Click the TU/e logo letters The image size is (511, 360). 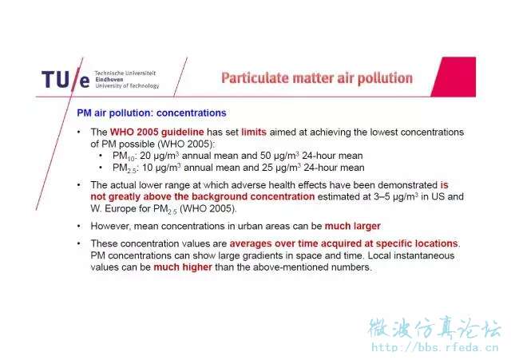click(65, 80)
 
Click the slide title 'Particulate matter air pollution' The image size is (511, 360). click(317, 78)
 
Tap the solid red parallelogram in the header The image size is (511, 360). click(454, 77)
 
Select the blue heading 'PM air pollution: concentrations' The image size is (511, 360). click(152, 113)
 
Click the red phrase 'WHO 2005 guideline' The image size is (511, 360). click(156, 132)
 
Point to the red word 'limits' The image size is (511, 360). click(254, 132)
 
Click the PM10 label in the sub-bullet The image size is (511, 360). click(124, 156)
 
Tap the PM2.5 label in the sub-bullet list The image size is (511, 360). click(125, 168)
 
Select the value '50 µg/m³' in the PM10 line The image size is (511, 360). click(279, 156)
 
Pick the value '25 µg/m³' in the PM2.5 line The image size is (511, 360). click(281, 168)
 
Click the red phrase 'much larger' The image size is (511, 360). click(353, 226)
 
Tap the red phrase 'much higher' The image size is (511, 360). click(183, 267)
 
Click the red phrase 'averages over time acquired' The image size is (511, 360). click(301, 243)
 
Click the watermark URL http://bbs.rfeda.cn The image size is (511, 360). click(435, 347)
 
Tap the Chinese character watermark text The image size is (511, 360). click(434, 328)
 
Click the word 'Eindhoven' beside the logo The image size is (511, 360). click(109, 80)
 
